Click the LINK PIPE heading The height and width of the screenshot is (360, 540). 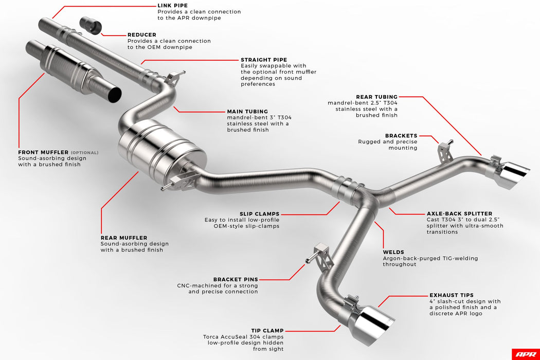pyautogui.click(x=172, y=5)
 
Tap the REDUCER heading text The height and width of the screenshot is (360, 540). pyautogui.click(x=142, y=34)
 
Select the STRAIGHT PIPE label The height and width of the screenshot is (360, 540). pyautogui.click(x=264, y=60)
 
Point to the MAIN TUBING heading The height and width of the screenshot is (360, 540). pyautogui.click(x=247, y=111)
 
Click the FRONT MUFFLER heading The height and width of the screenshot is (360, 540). pyautogui.click(x=43, y=152)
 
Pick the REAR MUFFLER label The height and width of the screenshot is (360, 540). pyautogui.click(x=123, y=238)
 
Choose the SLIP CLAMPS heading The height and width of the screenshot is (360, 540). pyautogui.click(x=259, y=213)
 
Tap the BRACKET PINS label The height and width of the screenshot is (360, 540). pyautogui.click(x=236, y=279)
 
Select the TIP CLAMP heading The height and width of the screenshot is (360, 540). pyautogui.click(x=267, y=331)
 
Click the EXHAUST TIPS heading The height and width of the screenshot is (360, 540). pyautogui.click(x=452, y=295)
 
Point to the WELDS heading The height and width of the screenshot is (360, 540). pyautogui.click(x=393, y=252)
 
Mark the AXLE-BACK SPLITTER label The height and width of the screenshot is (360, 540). pyautogui.click(x=459, y=213)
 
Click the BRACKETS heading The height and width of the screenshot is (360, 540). pyautogui.click(x=401, y=136)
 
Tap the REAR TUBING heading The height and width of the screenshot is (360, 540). pyautogui.click(x=376, y=97)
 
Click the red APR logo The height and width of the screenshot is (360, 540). pyautogui.click(x=525, y=354)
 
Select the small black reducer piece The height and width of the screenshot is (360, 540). pyautogui.click(x=92, y=24)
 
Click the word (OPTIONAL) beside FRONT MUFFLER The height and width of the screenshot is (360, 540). pyautogui.click(x=84, y=153)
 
